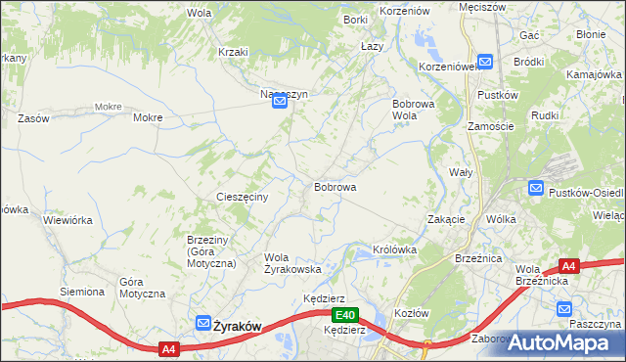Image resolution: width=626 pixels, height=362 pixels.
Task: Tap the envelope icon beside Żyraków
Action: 202,323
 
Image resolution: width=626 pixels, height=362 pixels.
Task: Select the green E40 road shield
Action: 343,315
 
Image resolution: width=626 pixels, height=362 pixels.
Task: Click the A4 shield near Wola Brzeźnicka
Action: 569,265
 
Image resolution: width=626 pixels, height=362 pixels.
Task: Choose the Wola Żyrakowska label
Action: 292,262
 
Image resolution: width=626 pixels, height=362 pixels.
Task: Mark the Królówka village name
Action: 395,249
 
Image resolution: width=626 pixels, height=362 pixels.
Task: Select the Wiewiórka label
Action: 67,220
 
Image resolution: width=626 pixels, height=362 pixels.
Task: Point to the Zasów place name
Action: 33,117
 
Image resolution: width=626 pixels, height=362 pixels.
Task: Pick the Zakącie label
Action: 446,219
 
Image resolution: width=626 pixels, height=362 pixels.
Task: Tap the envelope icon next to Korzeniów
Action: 485,60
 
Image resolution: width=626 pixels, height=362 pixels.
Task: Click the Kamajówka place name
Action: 596,74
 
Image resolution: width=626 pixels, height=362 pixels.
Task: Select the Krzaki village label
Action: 234,52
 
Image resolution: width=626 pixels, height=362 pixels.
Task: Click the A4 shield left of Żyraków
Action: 168,347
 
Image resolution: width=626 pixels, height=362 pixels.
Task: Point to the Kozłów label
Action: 412,312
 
